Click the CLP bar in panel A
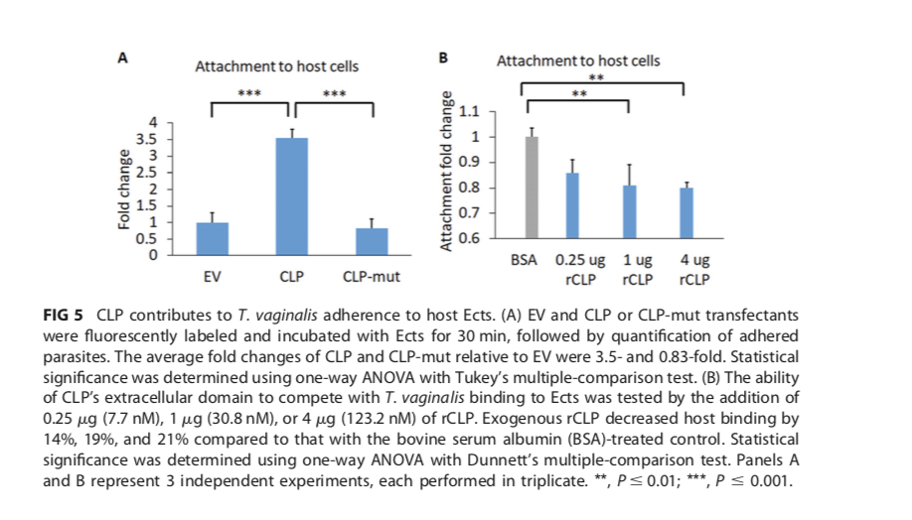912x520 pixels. [291, 196]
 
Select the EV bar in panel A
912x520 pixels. [213, 238]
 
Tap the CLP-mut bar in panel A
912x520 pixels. [371, 241]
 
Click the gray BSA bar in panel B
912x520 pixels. [532, 188]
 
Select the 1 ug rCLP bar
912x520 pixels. [631, 211]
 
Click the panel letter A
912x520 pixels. [123, 58]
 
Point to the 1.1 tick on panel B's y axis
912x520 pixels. [469, 111]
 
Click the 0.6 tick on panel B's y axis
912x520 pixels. [469, 238]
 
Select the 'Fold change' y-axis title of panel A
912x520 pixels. [124, 189]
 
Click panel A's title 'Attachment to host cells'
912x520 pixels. [276, 67]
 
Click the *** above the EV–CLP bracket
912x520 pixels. [249, 95]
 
